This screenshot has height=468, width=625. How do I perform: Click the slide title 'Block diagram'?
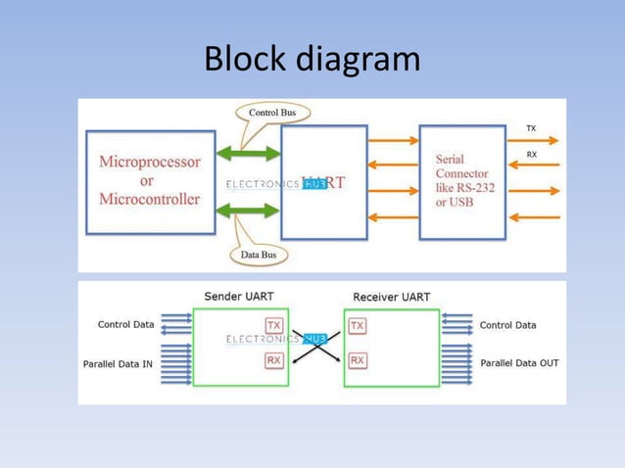pyautogui.click(x=312, y=60)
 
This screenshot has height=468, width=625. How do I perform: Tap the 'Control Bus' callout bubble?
pyautogui.click(x=272, y=113)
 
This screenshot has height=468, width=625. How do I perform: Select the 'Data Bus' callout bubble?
pyautogui.click(x=259, y=256)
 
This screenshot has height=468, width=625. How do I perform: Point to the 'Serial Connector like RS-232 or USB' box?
pyautogui.click(x=461, y=181)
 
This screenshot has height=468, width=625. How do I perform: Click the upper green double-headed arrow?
pyautogui.click(x=248, y=153)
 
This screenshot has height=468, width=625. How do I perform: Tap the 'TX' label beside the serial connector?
pyautogui.click(x=531, y=128)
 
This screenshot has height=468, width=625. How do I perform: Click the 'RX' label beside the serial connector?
pyautogui.click(x=531, y=155)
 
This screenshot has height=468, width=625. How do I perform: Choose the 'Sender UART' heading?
pyautogui.click(x=238, y=296)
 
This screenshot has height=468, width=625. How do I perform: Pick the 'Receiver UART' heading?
pyautogui.click(x=391, y=296)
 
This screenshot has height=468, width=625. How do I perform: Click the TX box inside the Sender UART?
pyautogui.click(x=274, y=325)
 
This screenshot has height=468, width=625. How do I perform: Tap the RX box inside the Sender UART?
pyautogui.click(x=274, y=360)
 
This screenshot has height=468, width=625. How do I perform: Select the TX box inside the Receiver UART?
pyautogui.click(x=358, y=325)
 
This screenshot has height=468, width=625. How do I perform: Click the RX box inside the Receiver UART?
pyautogui.click(x=358, y=360)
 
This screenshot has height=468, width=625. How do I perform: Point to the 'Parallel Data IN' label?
pyautogui.click(x=119, y=363)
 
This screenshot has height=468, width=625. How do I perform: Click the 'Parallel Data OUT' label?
pyautogui.click(x=519, y=362)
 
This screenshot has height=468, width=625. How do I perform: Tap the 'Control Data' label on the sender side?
pyautogui.click(x=125, y=325)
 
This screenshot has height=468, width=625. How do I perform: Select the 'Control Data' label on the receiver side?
pyautogui.click(x=507, y=325)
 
